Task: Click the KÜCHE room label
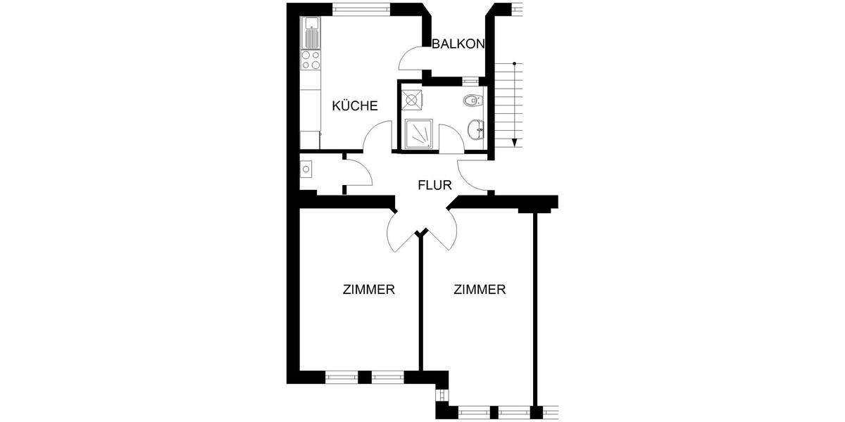[x=355, y=106]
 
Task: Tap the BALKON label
[x=458, y=44]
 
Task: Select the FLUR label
[x=434, y=186]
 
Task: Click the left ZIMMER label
[x=368, y=289]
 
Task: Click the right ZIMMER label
[x=480, y=289]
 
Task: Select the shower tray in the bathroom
[x=420, y=133]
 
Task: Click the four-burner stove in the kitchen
[x=311, y=60]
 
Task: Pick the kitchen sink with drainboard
[x=311, y=33]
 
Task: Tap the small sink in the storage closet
[x=306, y=170]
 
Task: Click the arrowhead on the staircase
[x=515, y=142]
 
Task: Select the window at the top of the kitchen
[x=361, y=9]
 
